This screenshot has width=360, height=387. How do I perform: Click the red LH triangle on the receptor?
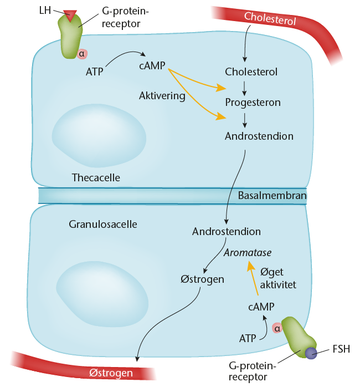click(x=70, y=16)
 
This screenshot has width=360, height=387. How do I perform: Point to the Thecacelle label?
click(x=96, y=177)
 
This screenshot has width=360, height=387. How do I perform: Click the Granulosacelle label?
click(x=103, y=225)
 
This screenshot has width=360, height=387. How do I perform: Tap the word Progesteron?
click(x=253, y=103)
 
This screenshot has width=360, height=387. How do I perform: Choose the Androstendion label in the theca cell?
click(x=259, y=135)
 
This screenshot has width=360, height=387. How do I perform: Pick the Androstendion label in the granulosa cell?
click(x=227, y=231)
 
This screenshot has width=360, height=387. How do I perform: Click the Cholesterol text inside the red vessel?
click(x=271, y=18)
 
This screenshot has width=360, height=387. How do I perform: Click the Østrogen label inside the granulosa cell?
click(x=202, y=279)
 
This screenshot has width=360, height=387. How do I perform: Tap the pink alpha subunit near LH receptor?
click(x=83, y=53)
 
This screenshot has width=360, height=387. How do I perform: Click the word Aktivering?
click(x=162, y=95)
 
